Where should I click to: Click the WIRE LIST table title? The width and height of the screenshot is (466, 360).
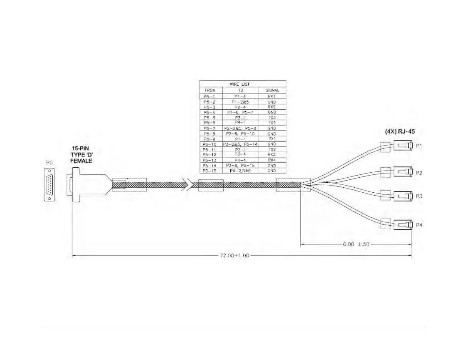click(x=239, y=84)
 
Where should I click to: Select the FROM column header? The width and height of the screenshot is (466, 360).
click(x=210, y=90)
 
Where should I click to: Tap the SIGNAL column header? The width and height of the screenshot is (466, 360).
click(x=272, y=90)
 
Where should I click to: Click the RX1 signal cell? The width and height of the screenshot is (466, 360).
click(x=272, y=96)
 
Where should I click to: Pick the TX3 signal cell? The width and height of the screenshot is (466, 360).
click(x=272, y=118)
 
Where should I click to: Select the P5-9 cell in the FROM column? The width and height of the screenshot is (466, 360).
click(x=209, y=139)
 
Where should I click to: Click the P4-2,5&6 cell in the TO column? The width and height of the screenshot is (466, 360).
click(x=240, y=171)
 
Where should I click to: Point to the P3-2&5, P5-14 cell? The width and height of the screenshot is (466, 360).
click(x=240, y=144)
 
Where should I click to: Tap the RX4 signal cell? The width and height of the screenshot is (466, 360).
click(x=272, y=160)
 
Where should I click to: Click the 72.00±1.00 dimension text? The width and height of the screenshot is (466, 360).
click(x=234, y=255)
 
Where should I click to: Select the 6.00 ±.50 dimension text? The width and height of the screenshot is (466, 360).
click(x=356, y=244)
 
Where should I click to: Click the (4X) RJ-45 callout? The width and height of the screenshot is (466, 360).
click(x=400, y=131)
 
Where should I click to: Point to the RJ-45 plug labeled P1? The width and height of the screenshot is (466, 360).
click(x=403, y=146)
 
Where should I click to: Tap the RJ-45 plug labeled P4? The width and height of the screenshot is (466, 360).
click(x=403, y=225)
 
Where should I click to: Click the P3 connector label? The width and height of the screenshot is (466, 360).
click(x=419, y=196)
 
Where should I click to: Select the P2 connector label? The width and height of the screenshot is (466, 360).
click(x=419, y=173)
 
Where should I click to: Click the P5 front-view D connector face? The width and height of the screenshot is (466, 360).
click(x=49, y=185)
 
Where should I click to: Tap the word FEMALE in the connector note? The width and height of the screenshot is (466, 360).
click(x=81, y=161)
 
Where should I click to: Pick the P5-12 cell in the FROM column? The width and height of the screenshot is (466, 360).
click(x=209, y=155)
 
